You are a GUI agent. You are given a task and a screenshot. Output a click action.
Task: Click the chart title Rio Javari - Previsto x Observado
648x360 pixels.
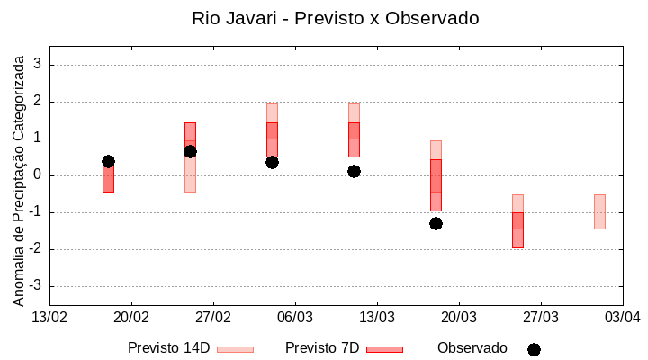336,18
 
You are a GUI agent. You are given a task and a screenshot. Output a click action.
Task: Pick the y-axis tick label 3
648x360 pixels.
39,65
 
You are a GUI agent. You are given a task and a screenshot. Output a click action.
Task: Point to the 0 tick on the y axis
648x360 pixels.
39,175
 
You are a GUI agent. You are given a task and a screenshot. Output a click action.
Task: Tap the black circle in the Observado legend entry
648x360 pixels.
534,349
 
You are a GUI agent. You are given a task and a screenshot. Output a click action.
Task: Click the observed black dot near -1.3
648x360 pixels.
436,223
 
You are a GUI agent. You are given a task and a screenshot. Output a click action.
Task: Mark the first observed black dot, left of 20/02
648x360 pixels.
108,161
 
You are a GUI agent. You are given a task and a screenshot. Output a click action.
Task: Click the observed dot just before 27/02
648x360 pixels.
190,151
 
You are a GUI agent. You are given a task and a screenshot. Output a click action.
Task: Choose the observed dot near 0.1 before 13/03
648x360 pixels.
354,171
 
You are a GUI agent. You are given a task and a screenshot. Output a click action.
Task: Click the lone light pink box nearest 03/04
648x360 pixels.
599,211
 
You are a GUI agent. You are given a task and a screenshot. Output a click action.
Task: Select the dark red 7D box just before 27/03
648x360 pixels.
517,229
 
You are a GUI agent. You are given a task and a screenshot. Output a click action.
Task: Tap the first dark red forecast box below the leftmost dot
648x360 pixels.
108,180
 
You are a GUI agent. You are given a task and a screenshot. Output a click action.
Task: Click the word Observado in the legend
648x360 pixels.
472,348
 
